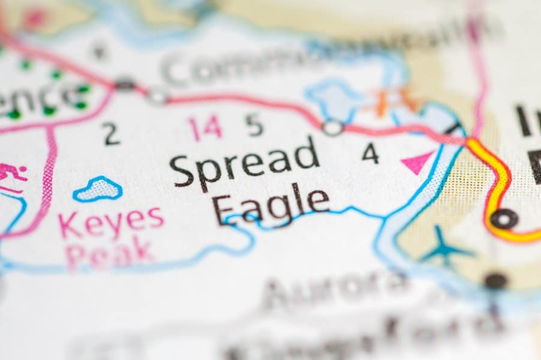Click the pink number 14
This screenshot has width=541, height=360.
pyautogui.click(x=205, y=127)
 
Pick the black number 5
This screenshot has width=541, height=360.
pyautogui.click(x=255, y=125)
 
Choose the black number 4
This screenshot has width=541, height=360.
pyautogui.click(x=370, y=154)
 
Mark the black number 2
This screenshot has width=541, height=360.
pyautogui.click(x=111, y=134)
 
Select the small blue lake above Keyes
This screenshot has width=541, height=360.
pyautogui.click(x=97, y=189)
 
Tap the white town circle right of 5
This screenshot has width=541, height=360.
pyautogui.click(x=332, y=127)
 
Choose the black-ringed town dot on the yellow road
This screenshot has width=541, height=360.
pyautogui.click(x=503, y=218)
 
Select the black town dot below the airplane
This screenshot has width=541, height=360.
pyautogui.click(x=495, y=280)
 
